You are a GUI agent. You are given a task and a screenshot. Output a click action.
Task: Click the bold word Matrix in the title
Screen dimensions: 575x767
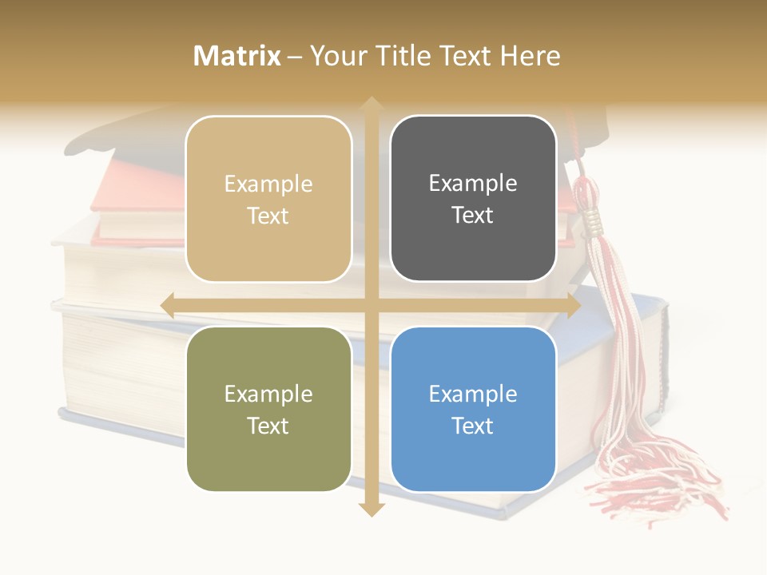pyautogui.click(x=237, y=56)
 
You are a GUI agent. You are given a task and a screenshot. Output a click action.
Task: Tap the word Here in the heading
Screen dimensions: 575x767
pyautogui.click(x=530, y=56)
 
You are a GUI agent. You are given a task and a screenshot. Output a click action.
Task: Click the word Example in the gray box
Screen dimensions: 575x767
pyautogui.click(x=473, y=183)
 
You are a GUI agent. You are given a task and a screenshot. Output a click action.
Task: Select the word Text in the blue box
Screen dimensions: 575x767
pyautogui.click(x=473, y=426)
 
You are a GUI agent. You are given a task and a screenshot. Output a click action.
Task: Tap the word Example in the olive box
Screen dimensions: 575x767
pyautogui.click(x=268, y=394)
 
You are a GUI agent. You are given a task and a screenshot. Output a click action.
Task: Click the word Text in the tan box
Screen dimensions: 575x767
pyautogui.click(x=268, y=216)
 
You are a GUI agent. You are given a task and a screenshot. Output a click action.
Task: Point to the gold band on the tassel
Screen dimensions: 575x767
pyautogui.click(x=594, y=220)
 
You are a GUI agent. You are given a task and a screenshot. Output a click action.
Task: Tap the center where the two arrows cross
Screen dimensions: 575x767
pyautogui.click(x=371, y=305)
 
